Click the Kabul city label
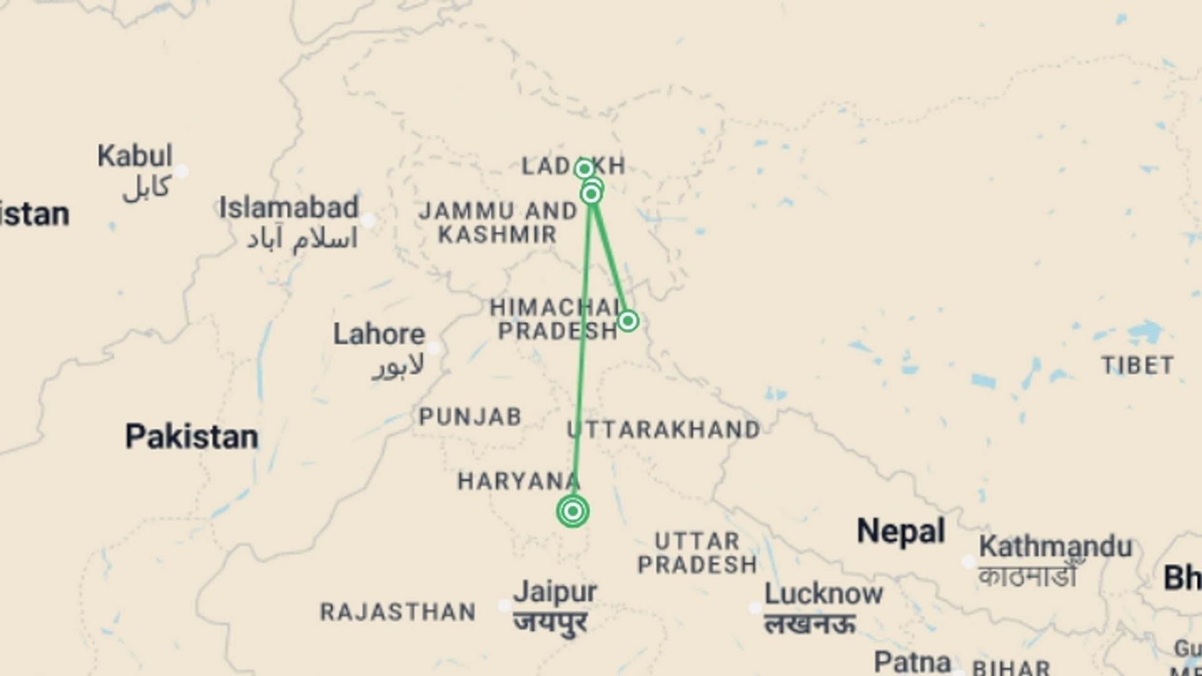[135, 156]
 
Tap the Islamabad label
[289, 208]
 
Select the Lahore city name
[379, 334]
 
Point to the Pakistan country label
[192, 436]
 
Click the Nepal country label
[900, 531]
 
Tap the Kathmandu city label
[1056, 547]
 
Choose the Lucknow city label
[823, 594]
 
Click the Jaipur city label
[555, 592]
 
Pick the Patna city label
[912, 661]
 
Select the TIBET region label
[1138, 366]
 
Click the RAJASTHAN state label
[398, 612]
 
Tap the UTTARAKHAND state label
[664, 430]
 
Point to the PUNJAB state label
[470, 417]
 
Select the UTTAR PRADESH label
[697, 553]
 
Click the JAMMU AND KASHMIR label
[498, 223]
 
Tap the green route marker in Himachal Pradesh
[627, 321]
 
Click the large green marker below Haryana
[572, 511]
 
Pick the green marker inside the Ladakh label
[584, 168]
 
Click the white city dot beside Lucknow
[755, 608]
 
